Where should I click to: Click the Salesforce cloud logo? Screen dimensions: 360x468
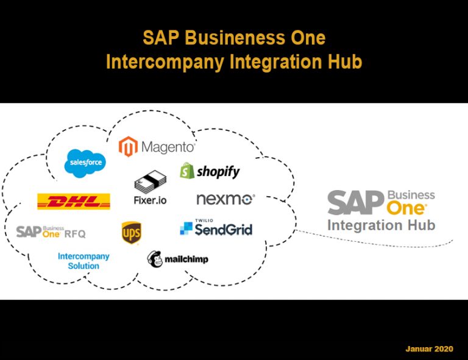(x=85, y=163)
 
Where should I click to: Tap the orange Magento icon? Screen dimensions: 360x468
(x=128, y=147)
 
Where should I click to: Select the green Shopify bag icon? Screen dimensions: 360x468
(x=186, y=171)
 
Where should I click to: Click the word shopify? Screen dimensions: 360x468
(x=218, y=172)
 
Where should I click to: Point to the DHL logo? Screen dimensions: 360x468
(x=74, y=201)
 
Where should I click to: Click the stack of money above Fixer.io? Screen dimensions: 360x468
(x=149, y=183)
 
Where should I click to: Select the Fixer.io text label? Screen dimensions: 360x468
(x=150, y=200)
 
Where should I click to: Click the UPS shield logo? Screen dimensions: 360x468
(x=131, y=232)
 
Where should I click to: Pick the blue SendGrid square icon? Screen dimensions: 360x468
(x=186, y=228)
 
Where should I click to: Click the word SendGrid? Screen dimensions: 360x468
(x=223, y=230)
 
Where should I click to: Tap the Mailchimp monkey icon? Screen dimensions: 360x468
(x=155, y=258)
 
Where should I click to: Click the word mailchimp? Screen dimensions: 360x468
(x=186, y=259)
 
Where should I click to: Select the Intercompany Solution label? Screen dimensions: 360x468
(x=83, y=261)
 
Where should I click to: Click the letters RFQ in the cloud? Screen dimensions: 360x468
(x=75, y=233)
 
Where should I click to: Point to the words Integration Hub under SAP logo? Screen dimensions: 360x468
(x=381, y=225)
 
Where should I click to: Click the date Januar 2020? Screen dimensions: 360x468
(x=430, y=349)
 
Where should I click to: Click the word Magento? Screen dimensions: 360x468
(x=168, y=147)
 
